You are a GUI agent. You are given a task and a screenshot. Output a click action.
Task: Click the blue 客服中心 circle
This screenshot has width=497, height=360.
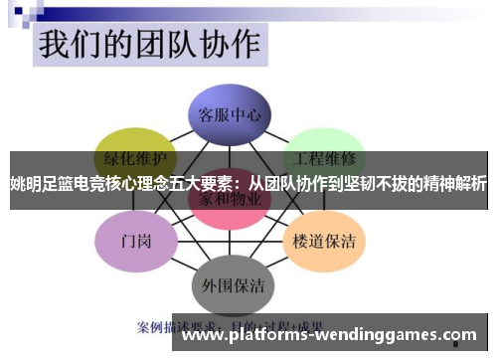(230, 113)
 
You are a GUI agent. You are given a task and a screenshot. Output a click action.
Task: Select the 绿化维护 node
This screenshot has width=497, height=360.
(134, 157)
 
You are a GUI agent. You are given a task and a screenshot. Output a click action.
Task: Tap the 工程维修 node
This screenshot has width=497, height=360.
(325, 157)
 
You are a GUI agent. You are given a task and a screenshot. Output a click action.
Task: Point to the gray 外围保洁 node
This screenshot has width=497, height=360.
(230, 284)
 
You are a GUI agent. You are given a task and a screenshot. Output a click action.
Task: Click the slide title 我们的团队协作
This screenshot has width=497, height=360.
(149, 45)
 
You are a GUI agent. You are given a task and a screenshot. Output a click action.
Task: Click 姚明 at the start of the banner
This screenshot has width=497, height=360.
(22, 184)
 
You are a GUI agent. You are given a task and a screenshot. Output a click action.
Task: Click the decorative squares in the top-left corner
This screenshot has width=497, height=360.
(25, 14)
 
